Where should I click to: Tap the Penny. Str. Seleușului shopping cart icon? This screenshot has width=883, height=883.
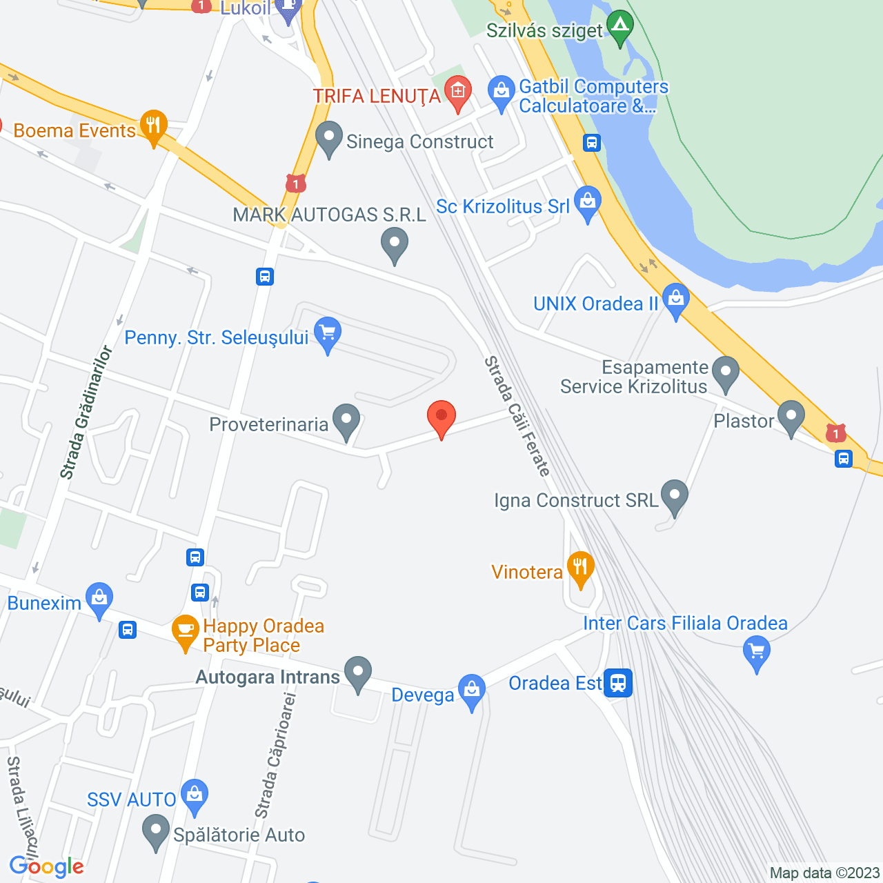point(328,333)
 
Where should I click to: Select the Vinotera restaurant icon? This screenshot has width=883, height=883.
point(581,568)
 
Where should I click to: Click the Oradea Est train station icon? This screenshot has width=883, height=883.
point(618,683)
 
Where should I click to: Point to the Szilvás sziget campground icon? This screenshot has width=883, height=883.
point(620,27)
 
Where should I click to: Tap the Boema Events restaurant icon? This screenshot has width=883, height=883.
point(153,126)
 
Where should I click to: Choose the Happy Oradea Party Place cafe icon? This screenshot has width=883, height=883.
point(185,631)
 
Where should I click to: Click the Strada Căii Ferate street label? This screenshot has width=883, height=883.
point(517,416)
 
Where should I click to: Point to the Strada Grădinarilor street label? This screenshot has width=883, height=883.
point(86,413)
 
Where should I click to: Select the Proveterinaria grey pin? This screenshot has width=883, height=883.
point(346,420)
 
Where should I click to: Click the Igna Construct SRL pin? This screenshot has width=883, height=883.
point(674,495)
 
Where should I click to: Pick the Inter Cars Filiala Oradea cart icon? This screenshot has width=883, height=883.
point(757,651)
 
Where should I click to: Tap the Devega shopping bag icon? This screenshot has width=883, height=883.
point(472,690)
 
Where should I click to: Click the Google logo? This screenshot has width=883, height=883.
point(47,866)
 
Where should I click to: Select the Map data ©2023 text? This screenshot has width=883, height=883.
point(824,873)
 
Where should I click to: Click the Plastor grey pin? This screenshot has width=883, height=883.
point(791,417)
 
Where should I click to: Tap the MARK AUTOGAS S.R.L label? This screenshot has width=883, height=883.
point(330,215)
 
